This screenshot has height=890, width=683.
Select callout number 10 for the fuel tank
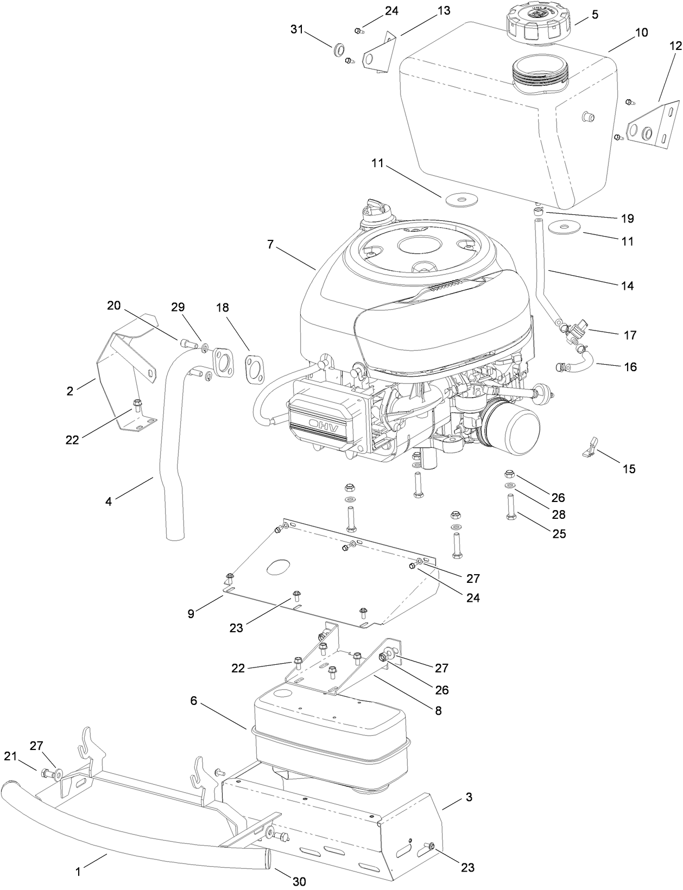tap(641, 33)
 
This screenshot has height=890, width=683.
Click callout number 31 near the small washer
tap(296, 30)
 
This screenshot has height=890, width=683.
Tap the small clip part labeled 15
tap(591, 447)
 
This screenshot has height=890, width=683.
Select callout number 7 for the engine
tap(270, 244)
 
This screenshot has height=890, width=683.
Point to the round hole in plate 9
tap(279, 568)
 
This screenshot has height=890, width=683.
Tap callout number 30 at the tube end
tap(299, 881)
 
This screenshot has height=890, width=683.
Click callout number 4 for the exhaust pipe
tap(109, 502)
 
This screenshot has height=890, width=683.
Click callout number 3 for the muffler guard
tap(469, 798)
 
